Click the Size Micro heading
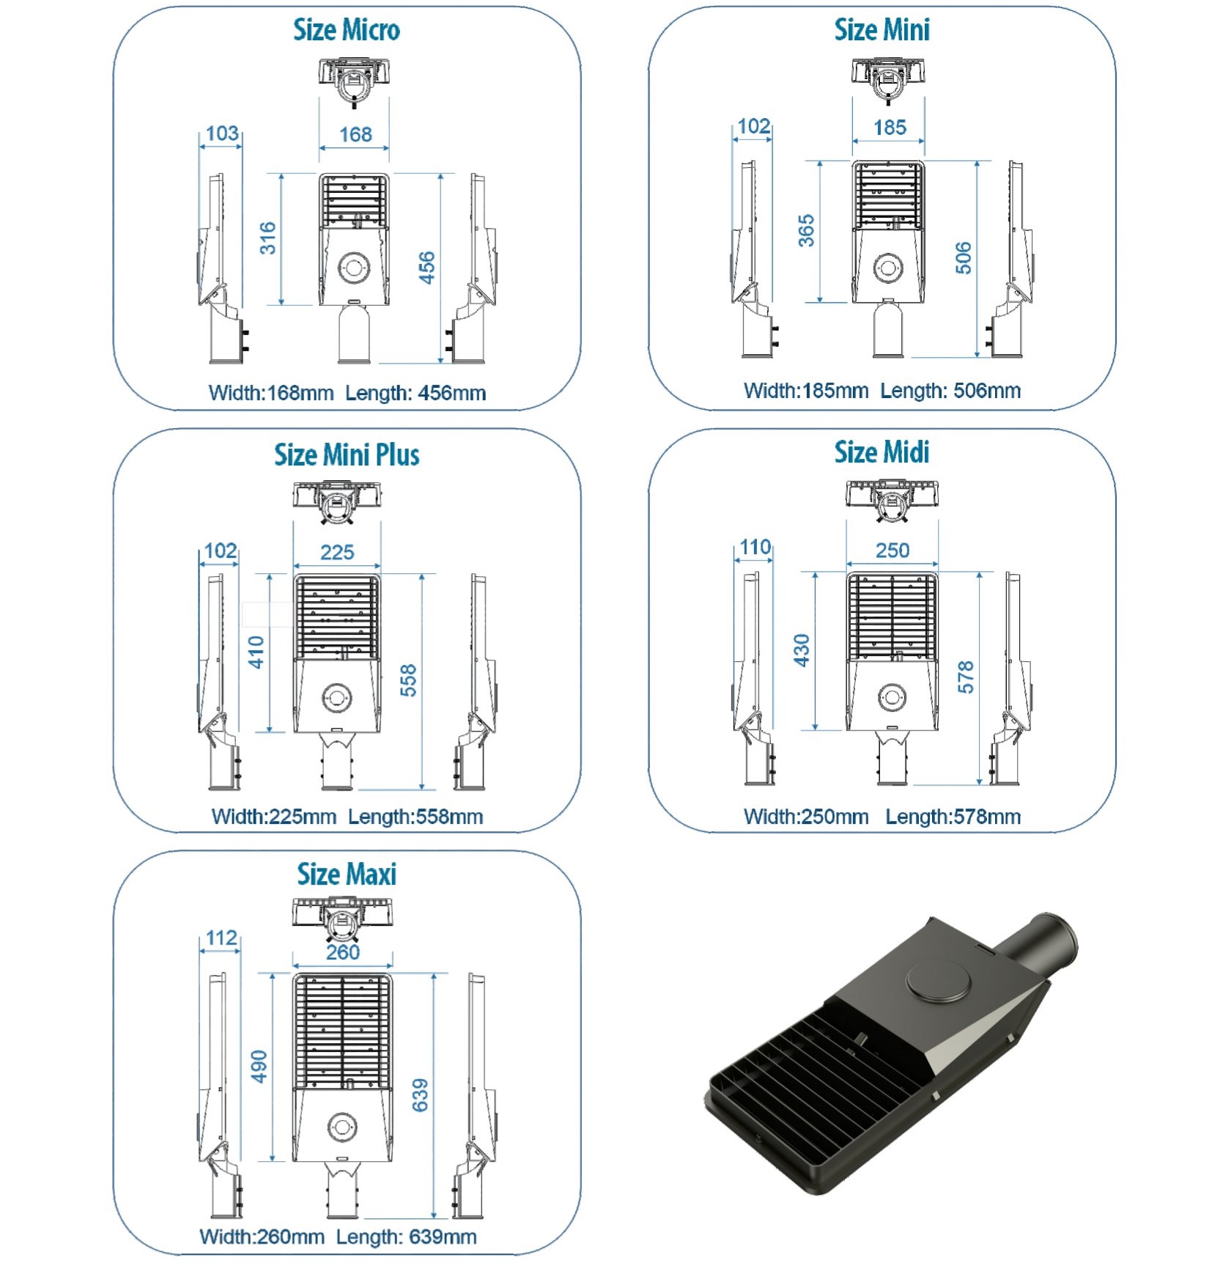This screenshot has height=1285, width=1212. click(346, 30)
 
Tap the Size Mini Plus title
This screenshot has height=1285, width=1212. click(347, 454)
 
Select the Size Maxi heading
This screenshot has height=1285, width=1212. click(347, 874)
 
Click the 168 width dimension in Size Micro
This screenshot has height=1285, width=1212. click(355, 134)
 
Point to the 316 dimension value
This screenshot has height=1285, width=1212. click(268, 238)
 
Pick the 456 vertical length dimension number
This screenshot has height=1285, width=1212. click(426, 268)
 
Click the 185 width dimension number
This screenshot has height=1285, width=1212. click(890, 128)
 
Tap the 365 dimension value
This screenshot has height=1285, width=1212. click(806, 231)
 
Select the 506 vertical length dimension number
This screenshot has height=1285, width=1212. click(964, 258)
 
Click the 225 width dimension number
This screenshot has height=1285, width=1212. click(337, 552)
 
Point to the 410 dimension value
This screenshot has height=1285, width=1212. click(256, 652)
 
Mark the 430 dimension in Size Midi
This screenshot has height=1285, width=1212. click(802, 651)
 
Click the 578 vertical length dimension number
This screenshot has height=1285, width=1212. click(966, 677)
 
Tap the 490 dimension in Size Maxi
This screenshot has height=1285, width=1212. click(259, 1067)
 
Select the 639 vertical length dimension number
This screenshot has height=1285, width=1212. click(420, 1095)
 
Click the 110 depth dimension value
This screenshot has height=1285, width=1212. click(755, 547)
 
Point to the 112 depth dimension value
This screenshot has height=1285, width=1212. click(221, 938)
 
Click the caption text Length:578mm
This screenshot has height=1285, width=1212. click(953, 817)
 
